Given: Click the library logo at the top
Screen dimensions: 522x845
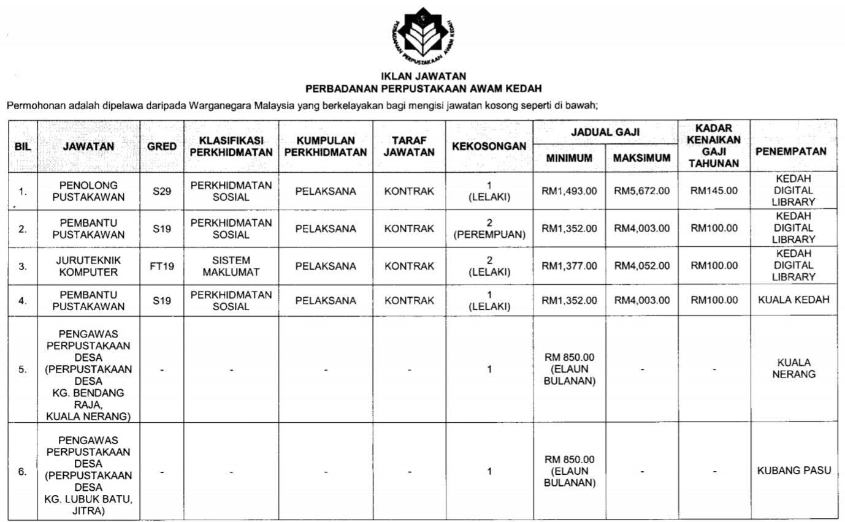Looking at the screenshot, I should [422, 34].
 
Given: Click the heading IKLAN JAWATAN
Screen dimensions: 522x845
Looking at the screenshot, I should [423, 77].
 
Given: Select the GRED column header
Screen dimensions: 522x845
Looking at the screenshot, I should [162, 147].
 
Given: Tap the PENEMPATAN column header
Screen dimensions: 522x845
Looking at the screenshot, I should [794, 151].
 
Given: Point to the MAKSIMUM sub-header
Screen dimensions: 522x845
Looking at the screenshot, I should [642, 158].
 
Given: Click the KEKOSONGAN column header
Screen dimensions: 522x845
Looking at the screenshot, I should [489, 147].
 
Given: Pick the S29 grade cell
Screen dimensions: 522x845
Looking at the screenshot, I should [162, 191].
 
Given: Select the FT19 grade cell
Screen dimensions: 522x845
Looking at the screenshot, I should [162, 266].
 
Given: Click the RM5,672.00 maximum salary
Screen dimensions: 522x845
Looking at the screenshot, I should [642, 191].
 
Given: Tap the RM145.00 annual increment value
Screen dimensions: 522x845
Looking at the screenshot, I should [714, 191].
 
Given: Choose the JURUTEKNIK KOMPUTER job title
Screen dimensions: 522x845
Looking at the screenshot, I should [88, 266].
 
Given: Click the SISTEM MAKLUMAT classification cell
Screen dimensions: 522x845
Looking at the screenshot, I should [231, 266].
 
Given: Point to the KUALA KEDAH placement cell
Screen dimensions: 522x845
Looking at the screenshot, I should [794, 300].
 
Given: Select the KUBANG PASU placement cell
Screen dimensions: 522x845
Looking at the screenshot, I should [794, 471].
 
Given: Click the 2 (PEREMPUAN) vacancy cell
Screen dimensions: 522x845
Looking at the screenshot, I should [489, 229].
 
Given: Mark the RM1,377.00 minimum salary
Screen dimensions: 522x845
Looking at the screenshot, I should [569, 266].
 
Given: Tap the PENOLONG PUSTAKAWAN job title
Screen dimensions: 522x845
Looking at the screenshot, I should [88, 191].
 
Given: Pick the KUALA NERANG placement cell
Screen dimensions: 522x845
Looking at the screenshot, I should [794, 368].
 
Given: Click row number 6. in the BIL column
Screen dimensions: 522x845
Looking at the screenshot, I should [23, 471].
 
